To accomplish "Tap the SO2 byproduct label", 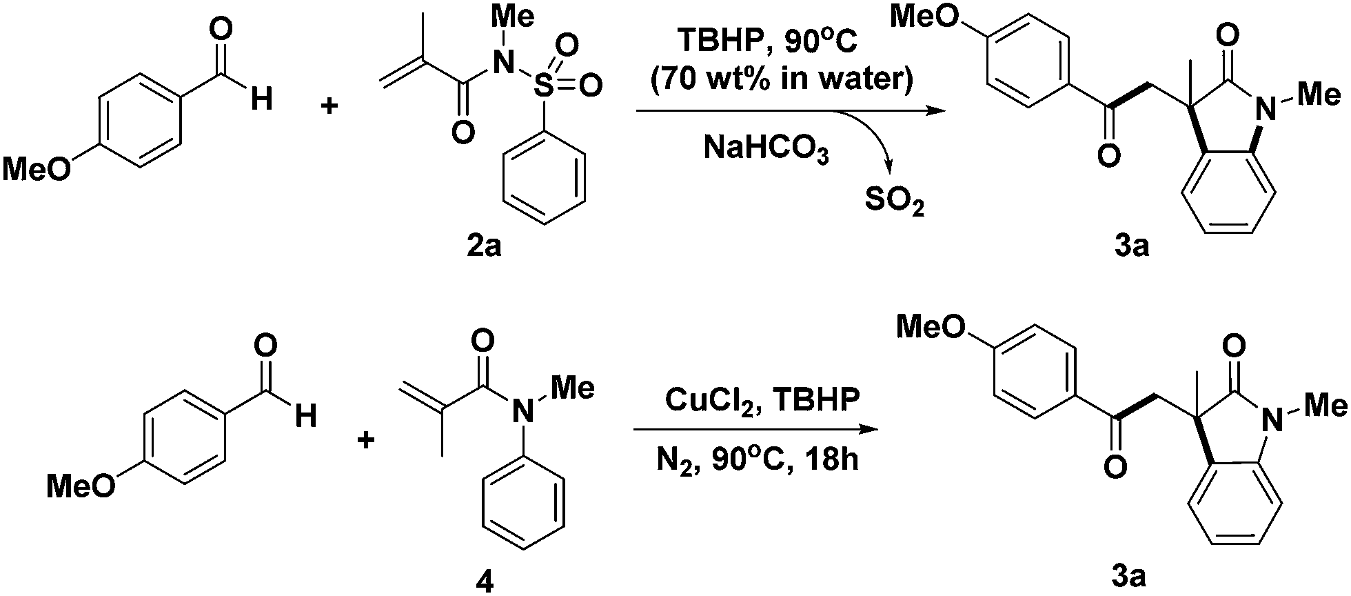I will coord(893,205).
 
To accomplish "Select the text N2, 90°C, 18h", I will coord(758,459).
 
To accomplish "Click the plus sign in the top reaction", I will coord(331,108).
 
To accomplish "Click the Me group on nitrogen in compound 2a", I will coord(516,18).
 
